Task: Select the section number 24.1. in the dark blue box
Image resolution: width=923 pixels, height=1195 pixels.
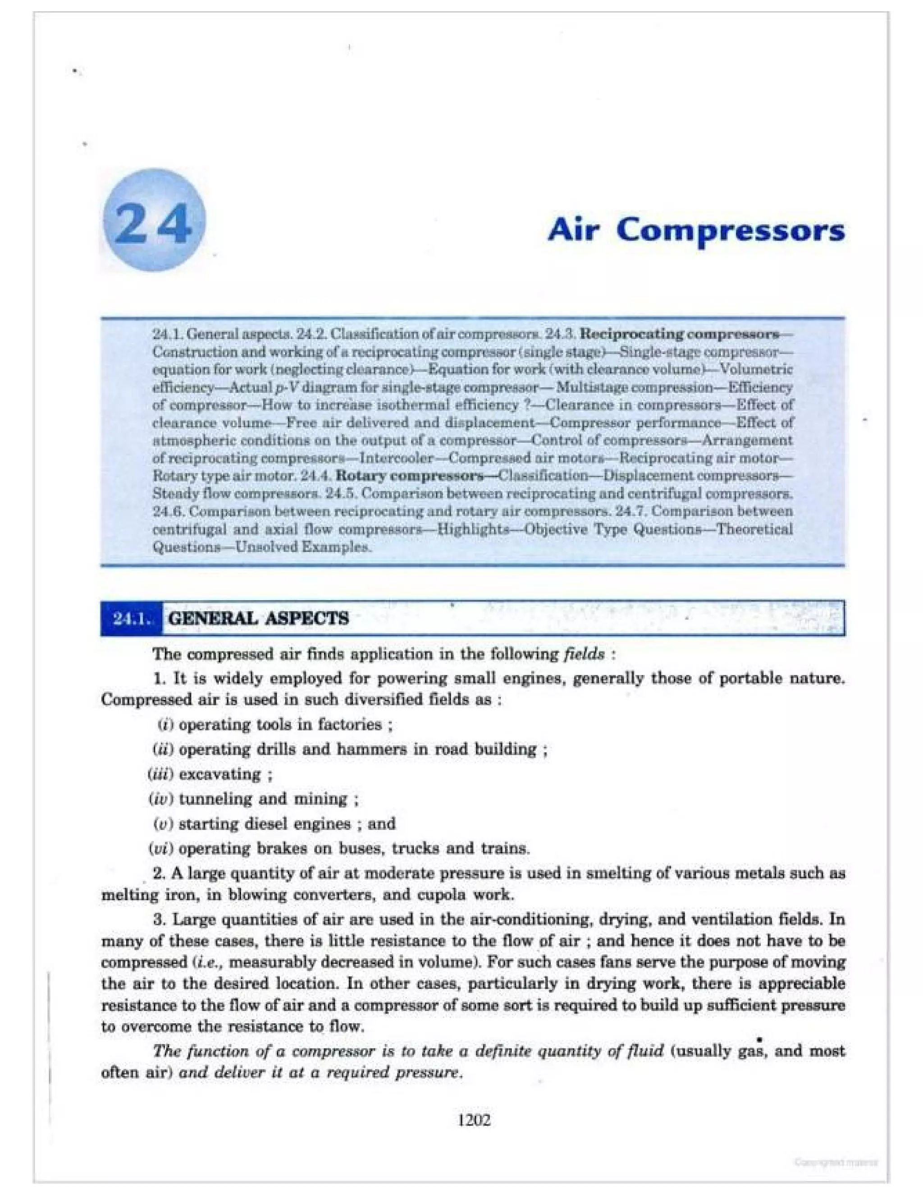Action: pyautogui.click(x=131, y=619)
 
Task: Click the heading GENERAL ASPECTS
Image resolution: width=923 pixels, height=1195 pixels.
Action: pyautogui.click(x=258, y=619)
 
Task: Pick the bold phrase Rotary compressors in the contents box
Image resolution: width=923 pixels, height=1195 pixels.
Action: pyautogui.click(x=409, y=475)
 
